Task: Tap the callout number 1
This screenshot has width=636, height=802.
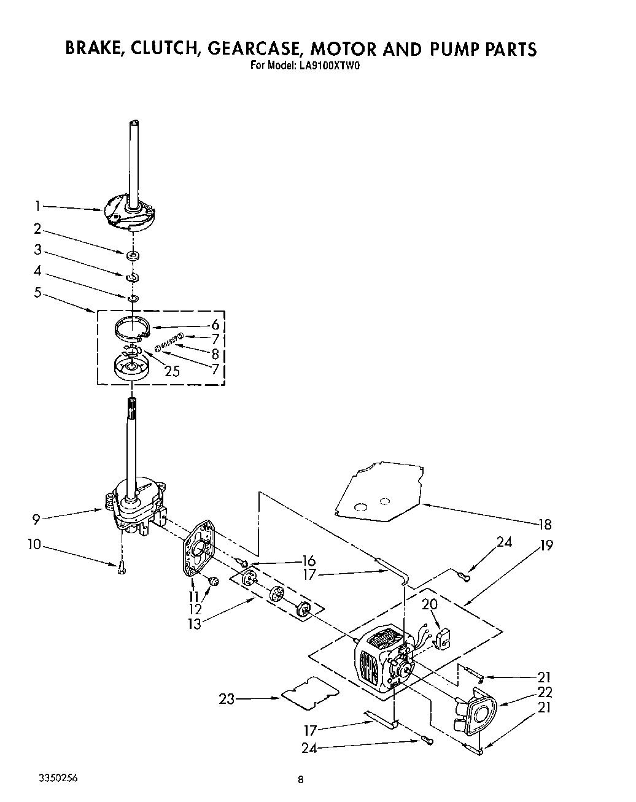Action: (x=37, y=206)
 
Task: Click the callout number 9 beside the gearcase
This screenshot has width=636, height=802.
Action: (x=37, y=519)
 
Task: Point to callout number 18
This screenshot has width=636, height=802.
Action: (x=545, y=524)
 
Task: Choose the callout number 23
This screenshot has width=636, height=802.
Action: (x=227, y=699)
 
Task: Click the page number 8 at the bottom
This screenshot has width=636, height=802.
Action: (x=300, y=781)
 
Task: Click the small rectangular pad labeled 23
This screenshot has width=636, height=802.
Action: (x=310, y=693)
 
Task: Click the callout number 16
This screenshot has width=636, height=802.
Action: (x=308, y=561)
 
